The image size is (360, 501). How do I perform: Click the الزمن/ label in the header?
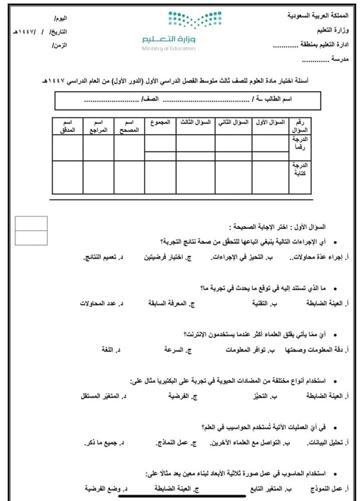pos(59,45)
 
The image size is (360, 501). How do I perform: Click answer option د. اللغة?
pos(111,350)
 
